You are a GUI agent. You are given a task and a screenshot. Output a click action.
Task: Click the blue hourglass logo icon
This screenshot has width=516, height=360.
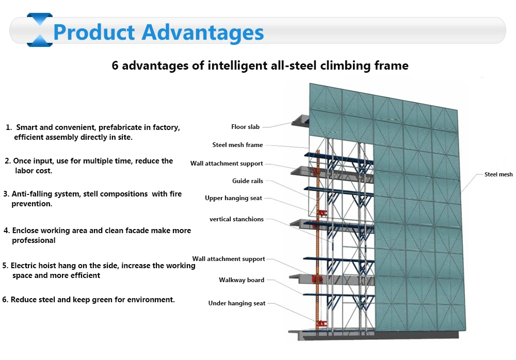coord(40,30)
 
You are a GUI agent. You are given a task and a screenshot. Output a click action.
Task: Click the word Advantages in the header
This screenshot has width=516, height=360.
coord(203,33)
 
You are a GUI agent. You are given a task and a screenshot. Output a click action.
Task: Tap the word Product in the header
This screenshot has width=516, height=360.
coord(94,32)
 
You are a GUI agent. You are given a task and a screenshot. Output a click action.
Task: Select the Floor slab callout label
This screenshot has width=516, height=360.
coord(245,127)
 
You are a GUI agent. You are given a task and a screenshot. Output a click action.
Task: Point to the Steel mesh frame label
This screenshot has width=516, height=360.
coord(237,145)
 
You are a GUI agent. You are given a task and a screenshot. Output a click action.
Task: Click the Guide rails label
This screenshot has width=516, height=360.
coord(248,181)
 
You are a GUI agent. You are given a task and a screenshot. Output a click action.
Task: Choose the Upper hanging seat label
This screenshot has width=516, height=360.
coord(233,198)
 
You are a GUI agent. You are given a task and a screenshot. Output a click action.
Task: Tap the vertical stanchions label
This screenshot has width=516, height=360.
coord(237,219)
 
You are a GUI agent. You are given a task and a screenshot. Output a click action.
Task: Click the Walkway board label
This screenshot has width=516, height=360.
coord(241,280)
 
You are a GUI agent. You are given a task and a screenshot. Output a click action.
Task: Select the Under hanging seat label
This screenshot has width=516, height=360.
coord(237,303)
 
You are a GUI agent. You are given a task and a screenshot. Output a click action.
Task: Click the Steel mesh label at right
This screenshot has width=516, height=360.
coord(498,174)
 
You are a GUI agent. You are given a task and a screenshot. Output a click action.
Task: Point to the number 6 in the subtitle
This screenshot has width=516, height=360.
coord(115,65)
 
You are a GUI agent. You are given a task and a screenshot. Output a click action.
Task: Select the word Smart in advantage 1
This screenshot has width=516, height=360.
coord(27,127)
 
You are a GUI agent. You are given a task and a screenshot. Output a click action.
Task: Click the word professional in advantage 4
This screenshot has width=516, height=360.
coord(34,240)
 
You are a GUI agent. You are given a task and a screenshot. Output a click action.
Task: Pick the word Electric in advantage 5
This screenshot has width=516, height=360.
coord(23,266)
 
